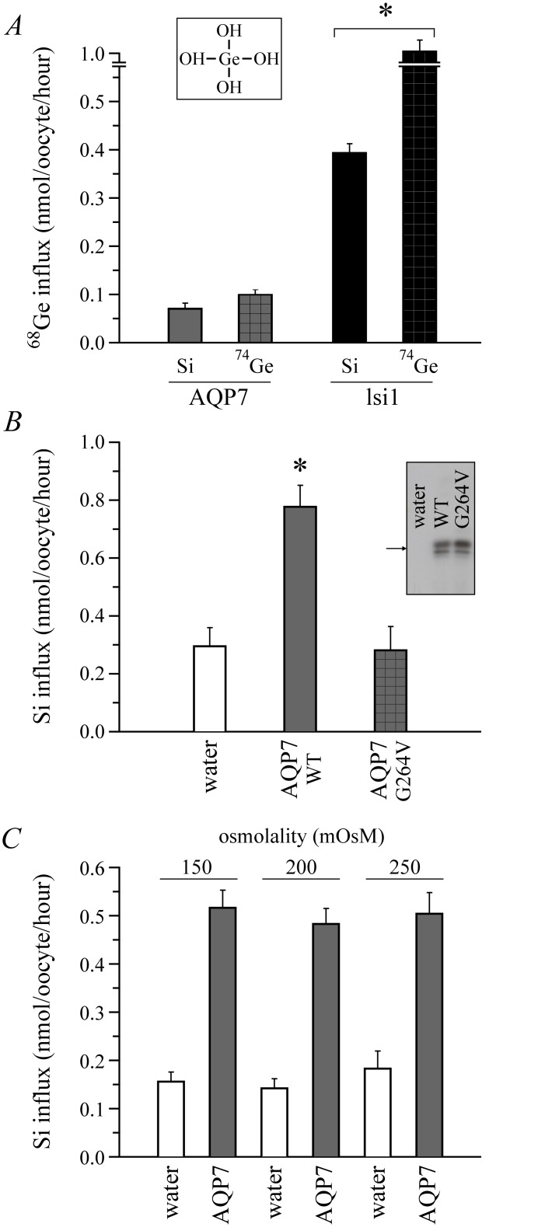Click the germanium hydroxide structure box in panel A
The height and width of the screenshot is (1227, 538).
pos(229,58)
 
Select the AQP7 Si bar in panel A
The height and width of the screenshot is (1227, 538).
pos(185,326)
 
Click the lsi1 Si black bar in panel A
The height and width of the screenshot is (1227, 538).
pos(349,247)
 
